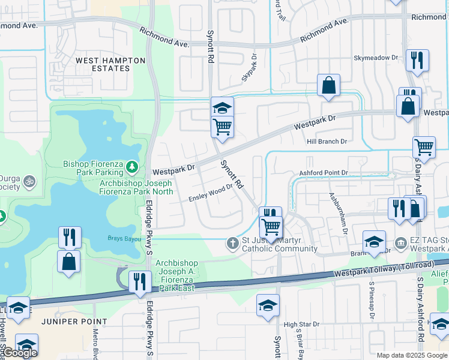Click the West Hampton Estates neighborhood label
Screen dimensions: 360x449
click(x=110, y=64)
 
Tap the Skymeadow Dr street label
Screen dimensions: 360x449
click(x=376, y=58)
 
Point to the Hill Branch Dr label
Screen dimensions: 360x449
click(x=327, y=141)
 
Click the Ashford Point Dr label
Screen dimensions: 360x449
click(x=324, y=173)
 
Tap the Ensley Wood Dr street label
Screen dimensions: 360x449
click(x=211, y=194)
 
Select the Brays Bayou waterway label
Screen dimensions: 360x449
click(x=123, y=238)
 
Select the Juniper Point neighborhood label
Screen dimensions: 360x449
click(x=70, y=322)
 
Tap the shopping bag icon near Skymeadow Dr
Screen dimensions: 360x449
click(x=329, y=86)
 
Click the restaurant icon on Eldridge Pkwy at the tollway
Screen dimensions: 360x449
click(x=140, y=281)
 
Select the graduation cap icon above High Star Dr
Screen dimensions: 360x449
click(x=268, y=305)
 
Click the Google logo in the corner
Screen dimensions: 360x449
click(x=20, y=353)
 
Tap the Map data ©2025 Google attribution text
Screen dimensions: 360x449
click(x=412, y=355)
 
